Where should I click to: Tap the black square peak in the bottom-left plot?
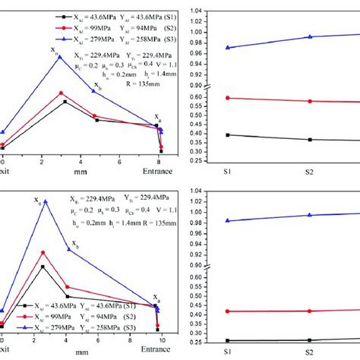click(43, 267)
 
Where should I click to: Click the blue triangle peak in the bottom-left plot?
click(46, 201)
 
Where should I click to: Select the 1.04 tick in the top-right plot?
click(192, 9)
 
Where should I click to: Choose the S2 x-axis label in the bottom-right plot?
click(309, 352)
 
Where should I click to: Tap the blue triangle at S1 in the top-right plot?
click(228, 48)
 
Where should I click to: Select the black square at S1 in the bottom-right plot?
click(228, 340)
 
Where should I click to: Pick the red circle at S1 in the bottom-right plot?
click(228, 311)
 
